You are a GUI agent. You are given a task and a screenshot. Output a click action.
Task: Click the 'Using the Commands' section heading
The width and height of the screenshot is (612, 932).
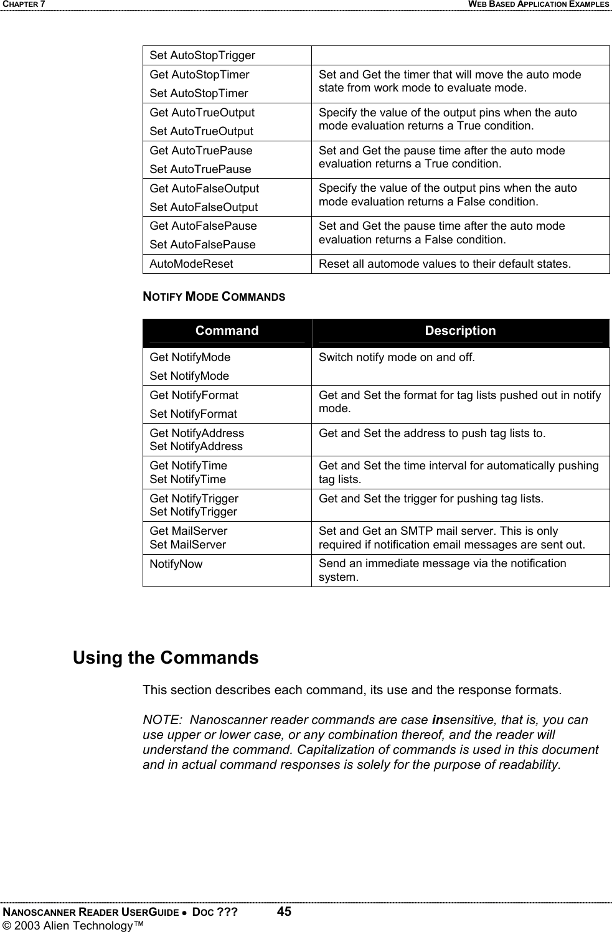coord(166,658)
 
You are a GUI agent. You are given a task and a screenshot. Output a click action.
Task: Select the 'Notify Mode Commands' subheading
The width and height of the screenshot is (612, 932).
coord(214,297)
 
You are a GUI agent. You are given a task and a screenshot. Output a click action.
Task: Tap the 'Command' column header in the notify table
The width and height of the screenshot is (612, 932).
coord(227,331)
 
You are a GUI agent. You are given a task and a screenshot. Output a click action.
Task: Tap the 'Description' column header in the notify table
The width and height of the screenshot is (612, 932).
coord(460,331)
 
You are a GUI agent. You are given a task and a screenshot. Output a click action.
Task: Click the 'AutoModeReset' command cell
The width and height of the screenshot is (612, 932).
coord(191,264)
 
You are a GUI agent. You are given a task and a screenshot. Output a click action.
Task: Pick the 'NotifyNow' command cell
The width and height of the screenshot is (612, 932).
coord(176,564)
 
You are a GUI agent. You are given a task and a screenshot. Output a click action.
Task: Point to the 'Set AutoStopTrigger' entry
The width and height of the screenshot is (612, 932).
coord(202,55)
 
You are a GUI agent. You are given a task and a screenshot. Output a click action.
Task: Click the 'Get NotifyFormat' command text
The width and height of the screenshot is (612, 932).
coord(194,395)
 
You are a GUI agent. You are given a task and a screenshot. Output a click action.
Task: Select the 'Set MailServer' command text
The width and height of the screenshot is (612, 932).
coord(188,545)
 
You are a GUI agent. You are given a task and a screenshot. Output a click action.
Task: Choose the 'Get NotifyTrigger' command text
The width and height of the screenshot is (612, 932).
coord(194,499)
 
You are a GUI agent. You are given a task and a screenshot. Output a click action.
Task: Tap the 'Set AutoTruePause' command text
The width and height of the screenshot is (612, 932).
coord(200,169)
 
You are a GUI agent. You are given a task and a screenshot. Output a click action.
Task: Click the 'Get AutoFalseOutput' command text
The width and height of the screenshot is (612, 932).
coord(204,188)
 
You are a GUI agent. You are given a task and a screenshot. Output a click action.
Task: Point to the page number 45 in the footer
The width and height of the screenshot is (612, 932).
coord(284,912)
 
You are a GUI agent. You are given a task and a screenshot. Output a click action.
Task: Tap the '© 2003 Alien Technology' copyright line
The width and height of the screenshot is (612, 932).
coord(73,926)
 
